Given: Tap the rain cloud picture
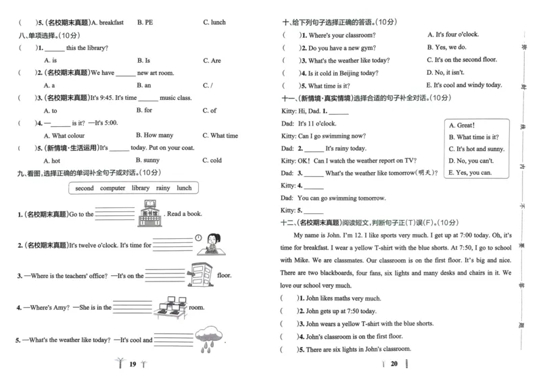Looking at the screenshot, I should pos(208,339).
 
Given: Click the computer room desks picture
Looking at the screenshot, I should pos(170,306).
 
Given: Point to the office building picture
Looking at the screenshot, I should pos(200,274).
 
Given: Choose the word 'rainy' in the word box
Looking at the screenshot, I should pos(163,188).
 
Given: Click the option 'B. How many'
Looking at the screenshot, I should pos(154,136).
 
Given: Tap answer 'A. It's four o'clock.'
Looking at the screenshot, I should pos(452,34).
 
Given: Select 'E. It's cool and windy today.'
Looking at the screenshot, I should pos(464,85).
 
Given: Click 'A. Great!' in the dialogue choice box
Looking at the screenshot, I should pos(461,125).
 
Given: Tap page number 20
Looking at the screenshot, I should pos(394,364).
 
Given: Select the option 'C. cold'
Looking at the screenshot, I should pos(212,161).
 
